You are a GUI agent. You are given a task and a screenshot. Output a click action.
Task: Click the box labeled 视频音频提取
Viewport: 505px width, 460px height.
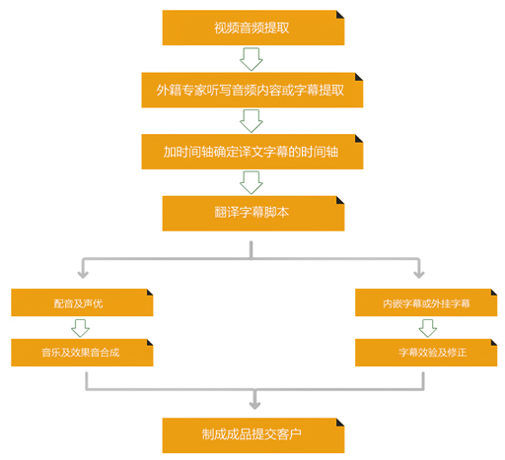pos(253,28)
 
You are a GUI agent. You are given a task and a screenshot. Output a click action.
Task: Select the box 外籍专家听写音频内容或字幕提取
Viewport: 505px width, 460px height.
pos(252,90)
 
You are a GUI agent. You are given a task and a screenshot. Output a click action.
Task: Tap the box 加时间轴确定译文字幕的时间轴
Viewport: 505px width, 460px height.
pos(252,152)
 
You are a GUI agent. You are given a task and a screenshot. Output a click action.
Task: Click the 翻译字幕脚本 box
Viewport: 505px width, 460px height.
pos(253,214)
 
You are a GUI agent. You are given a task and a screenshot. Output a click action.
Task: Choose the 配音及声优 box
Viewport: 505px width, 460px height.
pos(82,302)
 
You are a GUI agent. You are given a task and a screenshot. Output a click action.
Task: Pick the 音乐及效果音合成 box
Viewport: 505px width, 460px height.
pos(82,353)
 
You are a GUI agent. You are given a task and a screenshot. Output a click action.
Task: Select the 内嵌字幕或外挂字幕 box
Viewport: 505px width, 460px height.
pos(426,302)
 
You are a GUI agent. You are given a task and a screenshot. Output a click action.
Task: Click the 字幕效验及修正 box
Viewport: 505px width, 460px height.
pos(426,353)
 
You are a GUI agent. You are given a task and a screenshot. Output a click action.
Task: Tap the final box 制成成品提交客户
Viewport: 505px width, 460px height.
pos(253,435)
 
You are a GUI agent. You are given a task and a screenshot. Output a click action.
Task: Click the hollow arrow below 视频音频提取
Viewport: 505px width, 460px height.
pos(252,59)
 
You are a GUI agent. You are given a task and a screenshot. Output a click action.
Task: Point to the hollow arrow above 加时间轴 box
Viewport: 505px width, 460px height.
pos(252,121)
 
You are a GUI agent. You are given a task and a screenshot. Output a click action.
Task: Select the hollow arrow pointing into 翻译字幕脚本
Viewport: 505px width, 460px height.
pos(252,183)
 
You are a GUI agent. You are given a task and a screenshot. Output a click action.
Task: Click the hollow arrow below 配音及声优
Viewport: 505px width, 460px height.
pos(80,328)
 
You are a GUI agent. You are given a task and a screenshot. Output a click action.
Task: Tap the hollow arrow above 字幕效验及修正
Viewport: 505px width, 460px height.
pos(428,328)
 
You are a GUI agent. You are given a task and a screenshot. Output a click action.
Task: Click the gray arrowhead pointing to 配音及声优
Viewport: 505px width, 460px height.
pos(83,275)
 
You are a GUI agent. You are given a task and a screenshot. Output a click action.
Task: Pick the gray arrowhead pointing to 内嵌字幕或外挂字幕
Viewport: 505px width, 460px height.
pos(419,275)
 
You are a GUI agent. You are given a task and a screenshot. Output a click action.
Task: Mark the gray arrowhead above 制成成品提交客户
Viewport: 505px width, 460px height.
pos(254,405)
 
